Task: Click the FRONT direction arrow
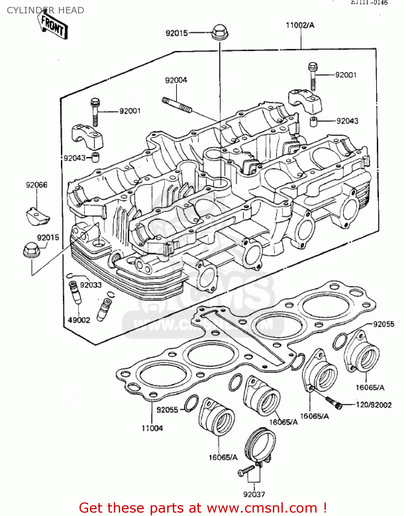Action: (53, 25)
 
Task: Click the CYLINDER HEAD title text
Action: (45, 10)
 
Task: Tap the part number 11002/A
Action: (300, 25)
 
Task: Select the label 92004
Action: (176, 80)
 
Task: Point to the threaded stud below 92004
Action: (176, 105)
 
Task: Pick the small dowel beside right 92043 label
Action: (313, 122)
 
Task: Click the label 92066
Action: (36, 185)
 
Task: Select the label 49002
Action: (79, 320)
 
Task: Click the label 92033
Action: (91, 285)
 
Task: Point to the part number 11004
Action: (152, 428)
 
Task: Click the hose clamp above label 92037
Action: (261, 446)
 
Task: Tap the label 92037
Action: (254, 494)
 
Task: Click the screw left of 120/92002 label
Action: (334, 402)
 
